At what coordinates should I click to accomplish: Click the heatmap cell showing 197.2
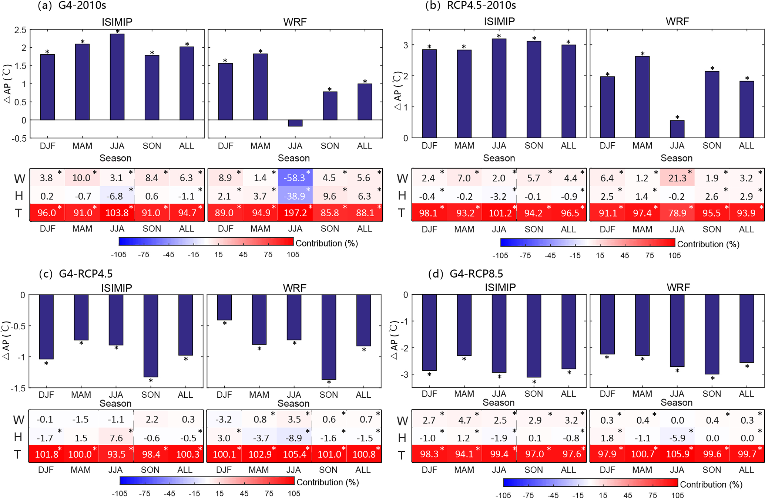coord(295,213)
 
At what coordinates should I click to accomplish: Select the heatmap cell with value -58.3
coord(295,178)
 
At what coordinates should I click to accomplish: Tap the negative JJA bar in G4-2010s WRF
coord(295,123)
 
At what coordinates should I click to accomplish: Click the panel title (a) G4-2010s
coord(72,6)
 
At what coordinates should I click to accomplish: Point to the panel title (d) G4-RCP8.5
coord(465,274)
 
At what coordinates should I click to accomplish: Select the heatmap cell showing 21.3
coord(677,178)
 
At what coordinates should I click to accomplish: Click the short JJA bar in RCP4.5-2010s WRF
coord(677,129)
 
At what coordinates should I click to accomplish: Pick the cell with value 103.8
coord(117,213)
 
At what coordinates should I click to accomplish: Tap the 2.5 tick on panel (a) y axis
coord(20,30)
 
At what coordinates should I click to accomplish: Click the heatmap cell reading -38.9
coord(295,196)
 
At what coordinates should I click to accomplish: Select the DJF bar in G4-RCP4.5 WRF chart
coord(224,307)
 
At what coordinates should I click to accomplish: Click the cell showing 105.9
coord(677,454)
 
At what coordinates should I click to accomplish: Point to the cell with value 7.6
coord(116,438)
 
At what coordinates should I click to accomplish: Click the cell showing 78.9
coord(677,213)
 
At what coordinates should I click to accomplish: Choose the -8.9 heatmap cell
coord(294,438)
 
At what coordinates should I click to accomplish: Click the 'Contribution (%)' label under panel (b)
coord(708,244)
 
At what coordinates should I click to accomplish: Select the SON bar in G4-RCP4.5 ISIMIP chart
coord(151,336)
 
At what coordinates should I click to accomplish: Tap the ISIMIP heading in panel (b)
coord(499,21)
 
